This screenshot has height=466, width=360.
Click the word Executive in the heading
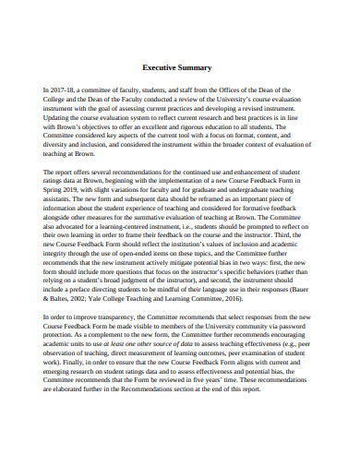(161, 68)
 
